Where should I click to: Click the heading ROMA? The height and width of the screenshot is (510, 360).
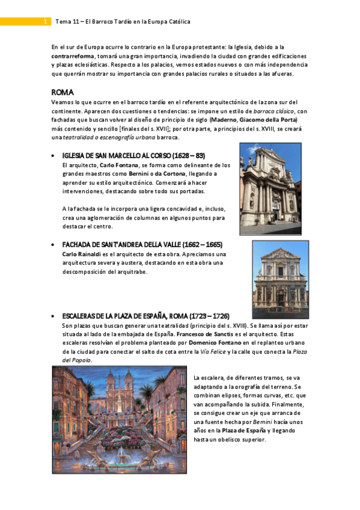(63, 92)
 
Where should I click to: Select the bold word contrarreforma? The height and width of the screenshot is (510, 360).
(73, 55)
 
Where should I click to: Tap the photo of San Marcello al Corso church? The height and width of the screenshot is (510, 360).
(270, 180)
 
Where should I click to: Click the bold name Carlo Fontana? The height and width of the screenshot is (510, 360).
(117, 165)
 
